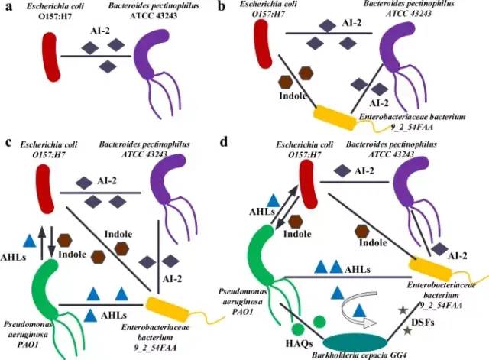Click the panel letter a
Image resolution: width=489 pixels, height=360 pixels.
[x=10, y=8]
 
